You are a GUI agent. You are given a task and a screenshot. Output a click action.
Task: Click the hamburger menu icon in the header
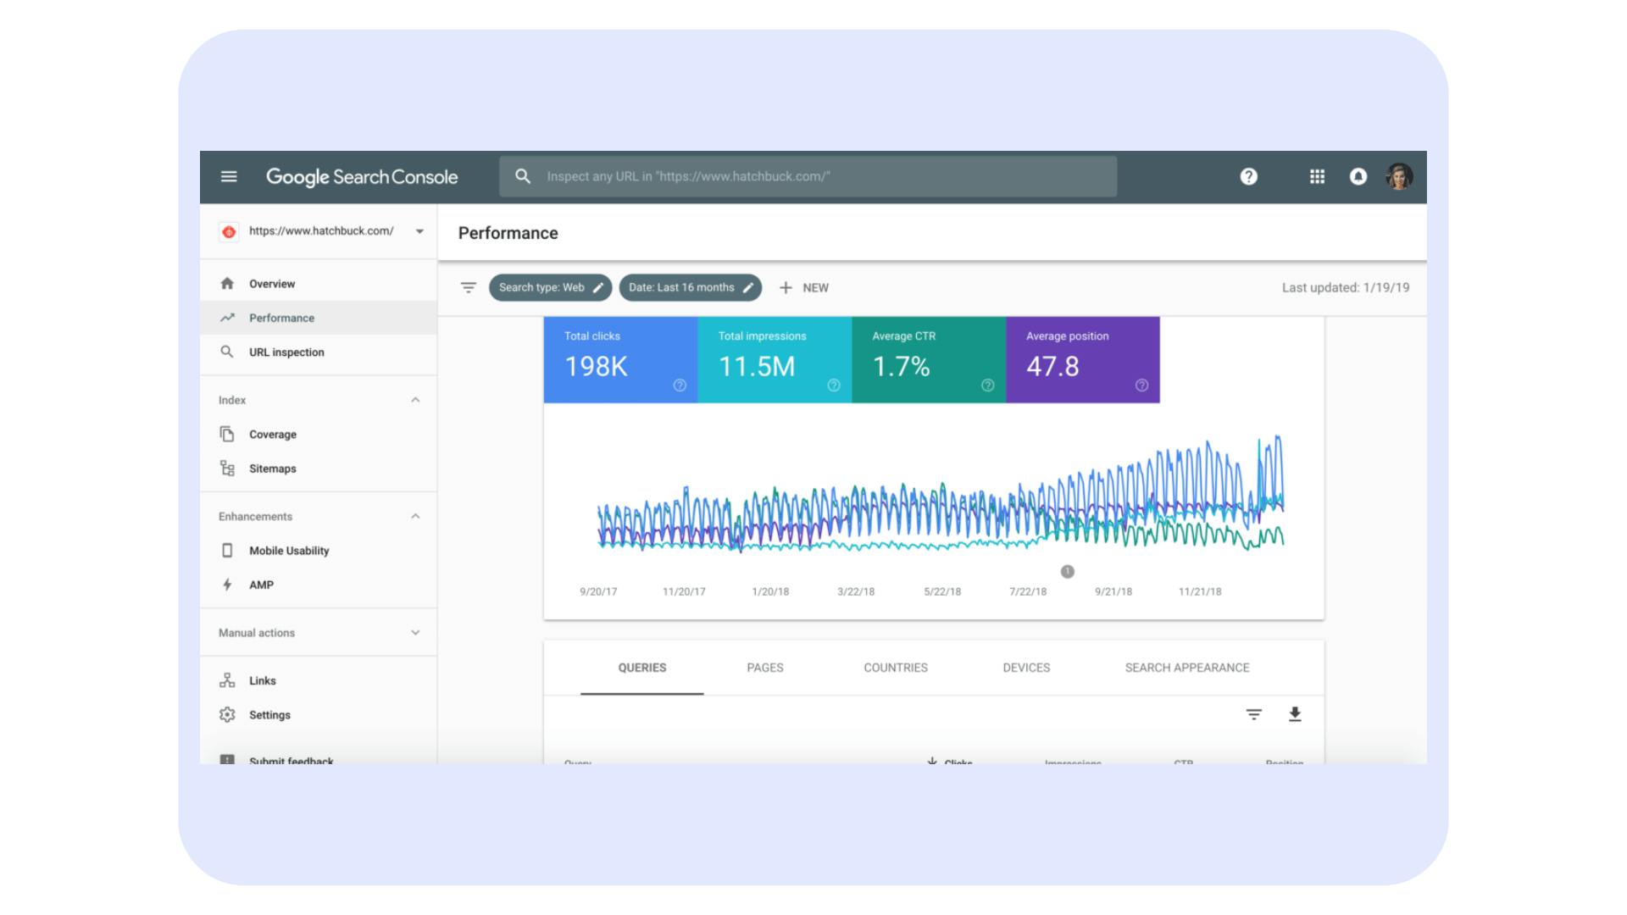tap(229, 176)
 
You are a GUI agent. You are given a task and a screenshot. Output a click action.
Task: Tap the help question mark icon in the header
tap(1248, 176)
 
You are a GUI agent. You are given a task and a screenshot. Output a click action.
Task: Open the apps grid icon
tap(1317, 176)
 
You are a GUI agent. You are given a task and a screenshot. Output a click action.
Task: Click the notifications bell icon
tap(1358, 176)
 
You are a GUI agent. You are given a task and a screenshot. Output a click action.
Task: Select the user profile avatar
tap(1398, 176)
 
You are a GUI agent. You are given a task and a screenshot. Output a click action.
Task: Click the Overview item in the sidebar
tap(271, 284)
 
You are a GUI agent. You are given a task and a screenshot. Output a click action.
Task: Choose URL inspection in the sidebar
tap(286, 352)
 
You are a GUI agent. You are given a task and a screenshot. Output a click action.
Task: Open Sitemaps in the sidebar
tap(272, 469)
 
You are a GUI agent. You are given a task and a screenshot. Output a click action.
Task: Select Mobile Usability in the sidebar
tap(288, 551)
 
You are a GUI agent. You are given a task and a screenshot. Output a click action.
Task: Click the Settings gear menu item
tap(269, 715)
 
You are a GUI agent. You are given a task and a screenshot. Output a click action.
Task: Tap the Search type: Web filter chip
tap(550, 288)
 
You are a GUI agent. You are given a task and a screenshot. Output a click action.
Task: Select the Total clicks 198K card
tap(620, 360)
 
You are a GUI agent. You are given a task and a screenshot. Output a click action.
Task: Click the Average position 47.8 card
tap(1082, 360)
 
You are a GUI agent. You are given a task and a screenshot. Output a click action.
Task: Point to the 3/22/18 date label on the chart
tap(856, 591)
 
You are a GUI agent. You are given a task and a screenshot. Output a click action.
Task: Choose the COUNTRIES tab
tap(895, 668)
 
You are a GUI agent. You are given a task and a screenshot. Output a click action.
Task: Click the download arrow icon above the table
tap(1294, 714)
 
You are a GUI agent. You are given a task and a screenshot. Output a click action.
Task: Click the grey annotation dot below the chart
tap(1067, 572)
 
